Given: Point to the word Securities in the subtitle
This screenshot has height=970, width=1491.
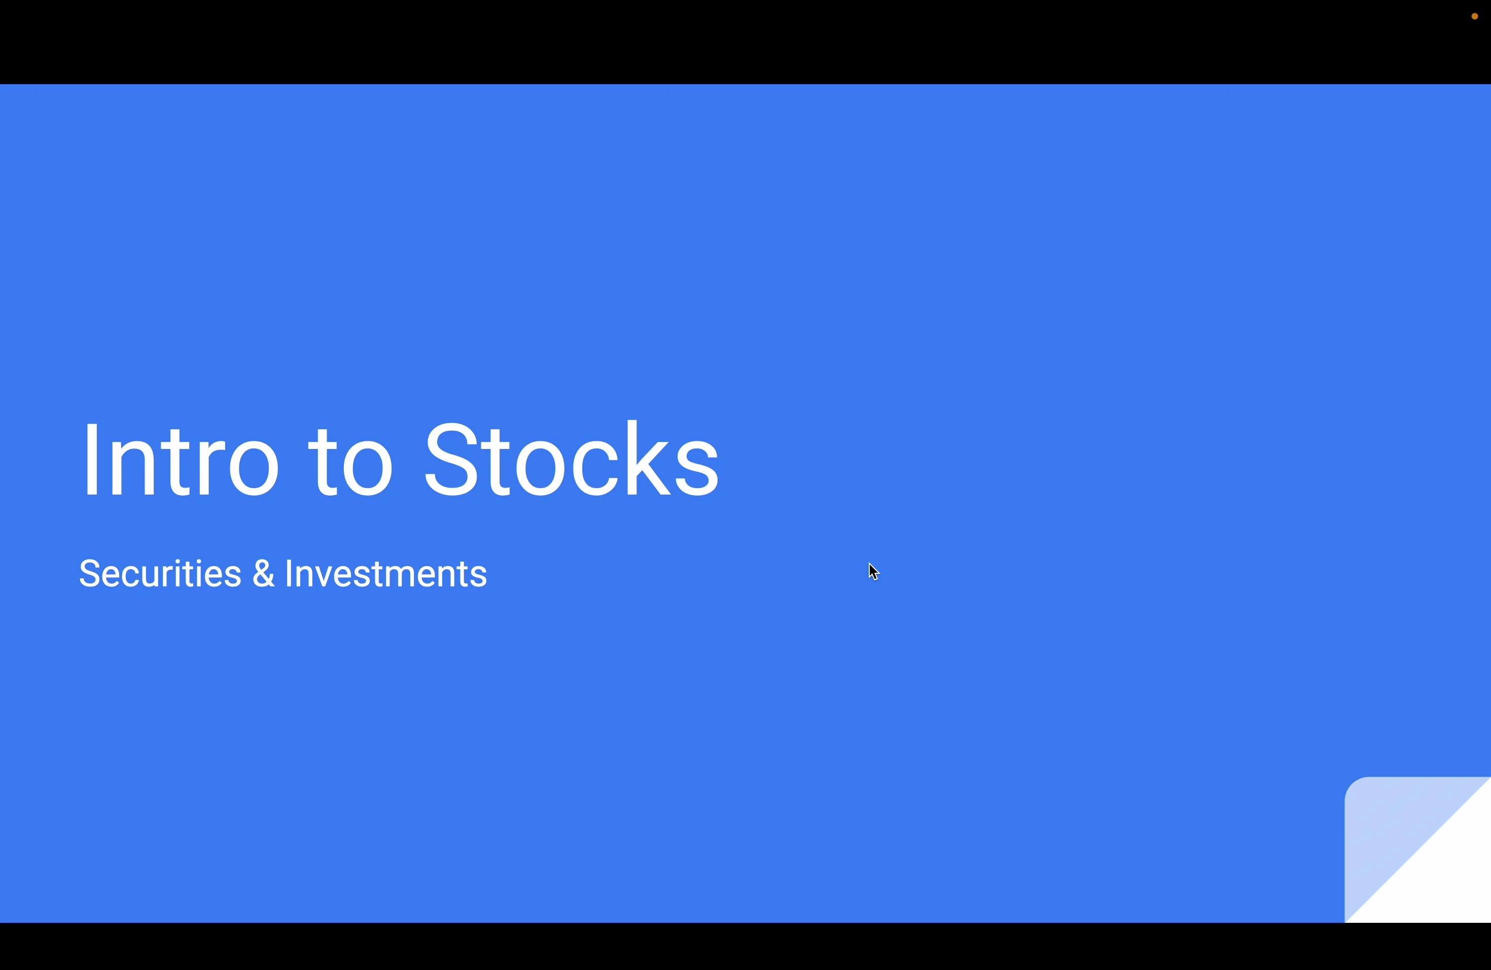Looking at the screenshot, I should tap(160, 573).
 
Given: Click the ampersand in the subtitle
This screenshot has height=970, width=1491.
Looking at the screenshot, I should tap(263, 573).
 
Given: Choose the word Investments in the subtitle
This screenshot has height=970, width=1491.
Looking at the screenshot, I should tap(386, 573).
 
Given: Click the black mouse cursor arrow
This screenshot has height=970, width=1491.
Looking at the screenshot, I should tap(873, 571).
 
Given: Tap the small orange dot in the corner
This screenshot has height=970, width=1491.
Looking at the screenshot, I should tap(1474, 16).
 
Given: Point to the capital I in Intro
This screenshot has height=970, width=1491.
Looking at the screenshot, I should tap(91, 461).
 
